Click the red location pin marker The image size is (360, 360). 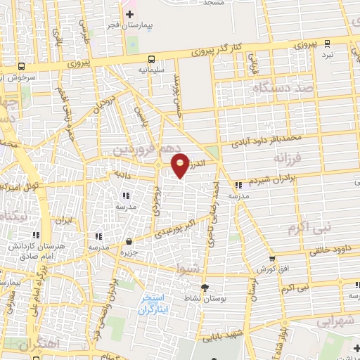(181, 165)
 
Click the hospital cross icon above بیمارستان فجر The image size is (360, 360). (130, 14)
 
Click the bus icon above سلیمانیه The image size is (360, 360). (153, 59)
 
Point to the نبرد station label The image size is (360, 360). (328, 54)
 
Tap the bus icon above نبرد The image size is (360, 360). (328, 43)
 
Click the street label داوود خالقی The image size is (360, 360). (330, 250)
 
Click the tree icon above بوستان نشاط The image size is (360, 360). (205, 288)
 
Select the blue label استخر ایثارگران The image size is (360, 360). (155, 303)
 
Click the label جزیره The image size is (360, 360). (127, 252)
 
